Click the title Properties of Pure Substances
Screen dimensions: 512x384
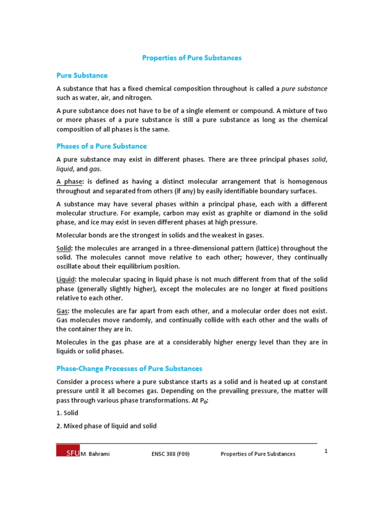coord(191,58)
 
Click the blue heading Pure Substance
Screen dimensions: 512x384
coord(81,75)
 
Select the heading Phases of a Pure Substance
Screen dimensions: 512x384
coord(101,146)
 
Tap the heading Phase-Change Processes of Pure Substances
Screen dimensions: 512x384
coord(129,368)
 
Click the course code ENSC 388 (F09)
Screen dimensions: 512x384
coord(170,454)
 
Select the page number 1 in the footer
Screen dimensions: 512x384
coord(325,451)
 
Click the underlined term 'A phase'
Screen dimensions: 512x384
coord(69,182)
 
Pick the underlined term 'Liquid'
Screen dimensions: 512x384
coord(66,279)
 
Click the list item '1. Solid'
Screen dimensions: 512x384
coord(67,413)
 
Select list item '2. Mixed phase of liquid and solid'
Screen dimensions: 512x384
coord(106,426)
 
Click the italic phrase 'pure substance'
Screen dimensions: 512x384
coord(304,88)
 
